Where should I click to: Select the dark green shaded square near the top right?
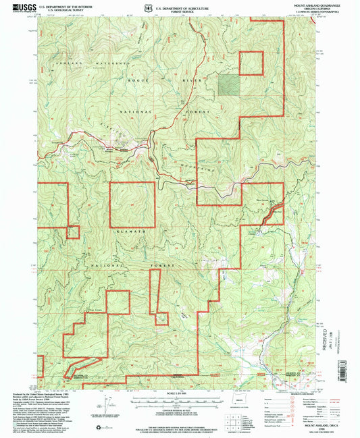click(x=229, y=84)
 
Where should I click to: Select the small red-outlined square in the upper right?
click(x=251, y=63)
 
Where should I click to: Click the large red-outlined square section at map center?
click(x=132, y=204)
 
